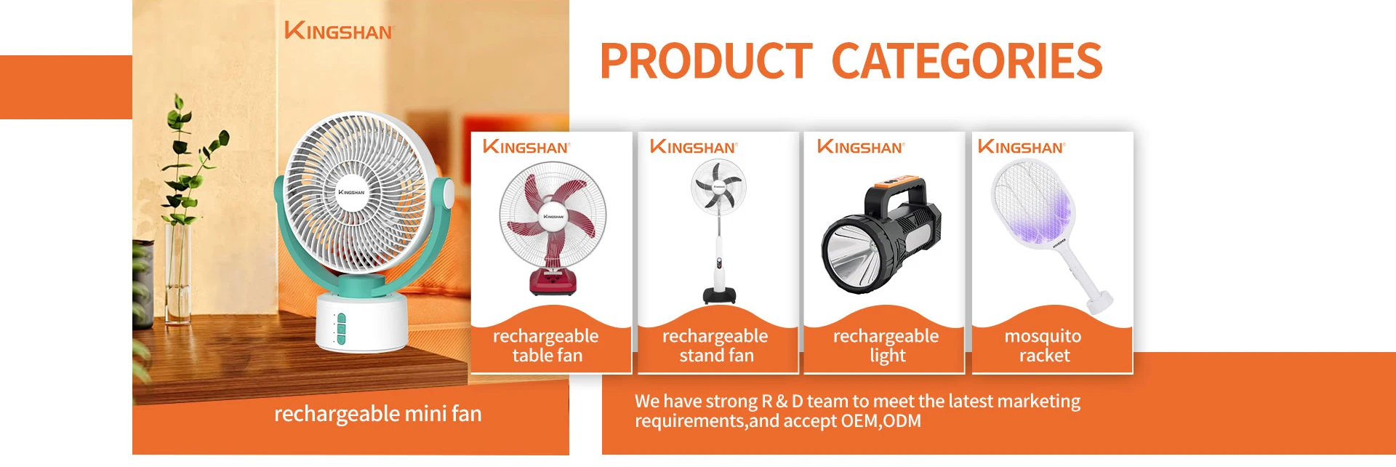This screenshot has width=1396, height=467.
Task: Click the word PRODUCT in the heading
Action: coord(705,61)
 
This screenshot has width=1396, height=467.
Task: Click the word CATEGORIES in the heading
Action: coord(967,61)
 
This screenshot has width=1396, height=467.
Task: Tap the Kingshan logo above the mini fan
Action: coord(339,31)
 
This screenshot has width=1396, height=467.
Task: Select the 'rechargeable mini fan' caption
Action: coord(378,414)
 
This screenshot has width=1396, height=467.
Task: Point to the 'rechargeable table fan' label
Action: coord(546,346)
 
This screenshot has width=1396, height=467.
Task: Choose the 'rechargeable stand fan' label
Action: coord(715,346)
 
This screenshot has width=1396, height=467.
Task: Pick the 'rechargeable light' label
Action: coord(886,346)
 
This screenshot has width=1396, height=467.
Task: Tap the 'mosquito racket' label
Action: coord(1043,346)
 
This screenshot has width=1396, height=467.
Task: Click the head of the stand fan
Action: coord(718,186)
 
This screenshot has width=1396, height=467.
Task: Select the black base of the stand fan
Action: coord(719,295)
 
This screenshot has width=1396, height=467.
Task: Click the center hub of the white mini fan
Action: coord(351,192)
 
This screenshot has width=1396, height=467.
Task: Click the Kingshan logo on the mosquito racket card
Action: coord(1022,146)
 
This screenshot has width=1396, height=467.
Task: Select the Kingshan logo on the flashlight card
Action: coord(861,146)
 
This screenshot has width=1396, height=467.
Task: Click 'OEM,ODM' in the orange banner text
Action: coord(881,421)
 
